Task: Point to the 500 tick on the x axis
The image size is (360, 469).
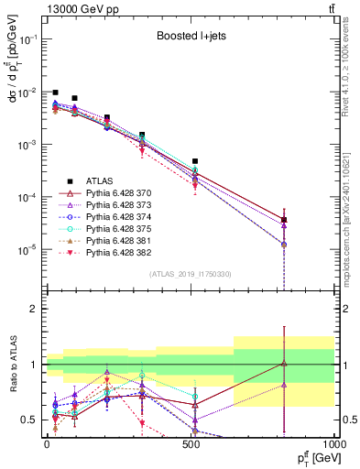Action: coord(191,443)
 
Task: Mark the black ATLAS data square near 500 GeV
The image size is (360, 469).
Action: coord(195,161)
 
